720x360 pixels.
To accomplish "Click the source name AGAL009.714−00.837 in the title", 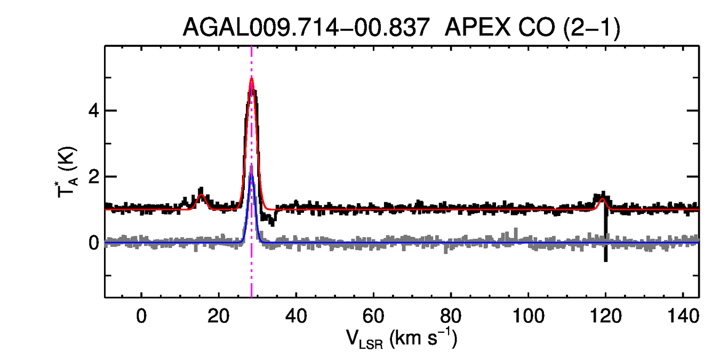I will click(x=306, y=27).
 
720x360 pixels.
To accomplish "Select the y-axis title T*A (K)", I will click(x=68, y=172).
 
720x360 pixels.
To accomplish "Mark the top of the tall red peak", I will click(x=251, y=79).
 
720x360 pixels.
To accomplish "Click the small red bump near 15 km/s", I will click(x=201, y=195).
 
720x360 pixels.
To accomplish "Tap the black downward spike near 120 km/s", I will click(x=606, y=251).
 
